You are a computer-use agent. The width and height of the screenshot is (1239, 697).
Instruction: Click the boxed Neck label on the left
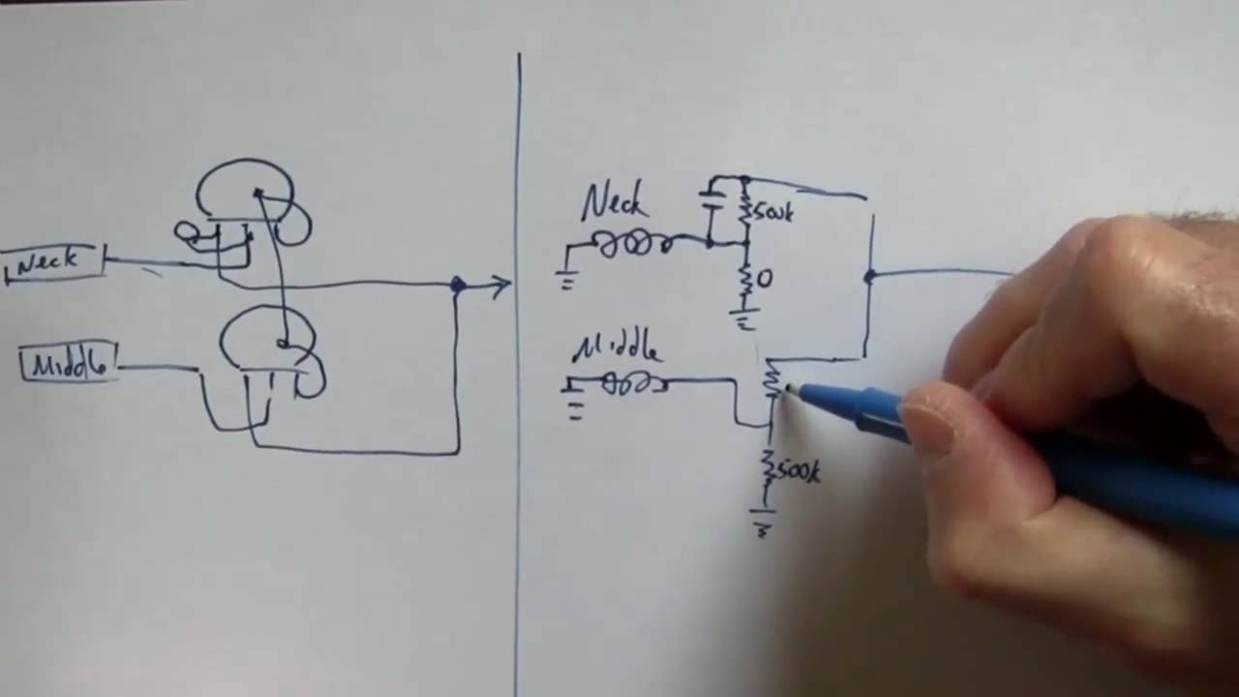[x=53, y=263]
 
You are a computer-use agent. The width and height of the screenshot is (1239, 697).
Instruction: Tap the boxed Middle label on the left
[x=68, y=365]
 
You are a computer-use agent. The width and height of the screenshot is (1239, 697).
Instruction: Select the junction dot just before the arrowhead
[x=458, y=285]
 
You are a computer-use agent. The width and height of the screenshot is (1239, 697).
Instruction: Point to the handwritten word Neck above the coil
[x=614, y=203]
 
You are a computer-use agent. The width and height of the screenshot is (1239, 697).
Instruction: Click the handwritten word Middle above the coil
[x=617, y=348]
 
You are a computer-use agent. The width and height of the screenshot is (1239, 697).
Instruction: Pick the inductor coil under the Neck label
[x=633, y=244]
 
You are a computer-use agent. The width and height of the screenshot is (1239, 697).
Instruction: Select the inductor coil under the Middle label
[x=634, y=384]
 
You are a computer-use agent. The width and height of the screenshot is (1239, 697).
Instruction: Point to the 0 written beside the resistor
[x=765, y=279]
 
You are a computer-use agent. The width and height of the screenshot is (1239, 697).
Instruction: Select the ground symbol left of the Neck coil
[x=566, y=277]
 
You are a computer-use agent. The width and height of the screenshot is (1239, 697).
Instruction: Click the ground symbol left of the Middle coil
[x=572, y=404]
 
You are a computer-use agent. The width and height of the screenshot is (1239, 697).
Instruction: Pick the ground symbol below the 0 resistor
[x=743, y=319]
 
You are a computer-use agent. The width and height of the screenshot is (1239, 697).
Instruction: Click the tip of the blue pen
[x=789, y=388]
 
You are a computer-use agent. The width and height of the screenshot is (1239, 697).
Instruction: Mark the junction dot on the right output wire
[x=869, y=277]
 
